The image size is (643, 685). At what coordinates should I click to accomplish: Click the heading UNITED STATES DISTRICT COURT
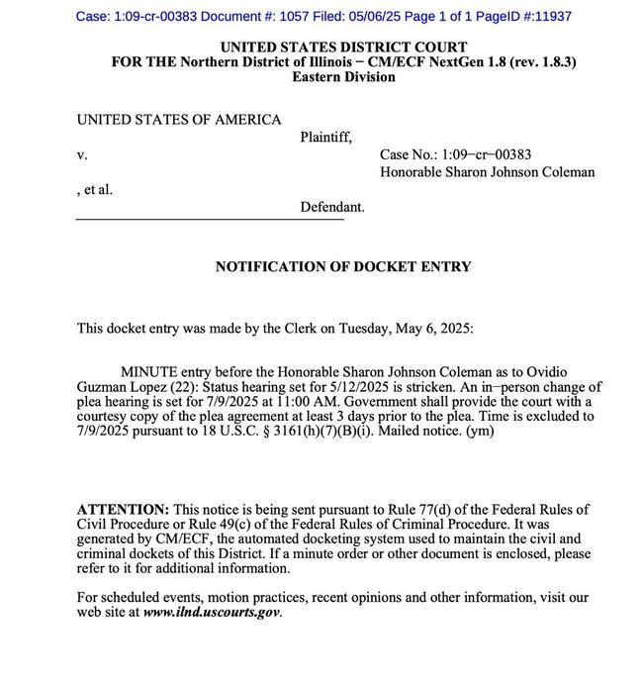pos(343,47)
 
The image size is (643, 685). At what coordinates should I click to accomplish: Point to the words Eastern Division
pos(343,76)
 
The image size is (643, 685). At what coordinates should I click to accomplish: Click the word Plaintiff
pos(325,138)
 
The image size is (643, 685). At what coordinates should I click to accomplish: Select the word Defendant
pos(332,207)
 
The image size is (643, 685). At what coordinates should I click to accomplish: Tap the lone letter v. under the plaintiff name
pos(82,155)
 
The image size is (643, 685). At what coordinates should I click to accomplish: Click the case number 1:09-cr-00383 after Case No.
pos(486,154)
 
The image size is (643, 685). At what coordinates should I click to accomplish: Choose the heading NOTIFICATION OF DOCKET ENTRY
pos(343,266)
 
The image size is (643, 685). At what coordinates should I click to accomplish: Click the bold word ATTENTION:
pos(123,509)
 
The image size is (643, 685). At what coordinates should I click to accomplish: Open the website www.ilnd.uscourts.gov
pos(211,613)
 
